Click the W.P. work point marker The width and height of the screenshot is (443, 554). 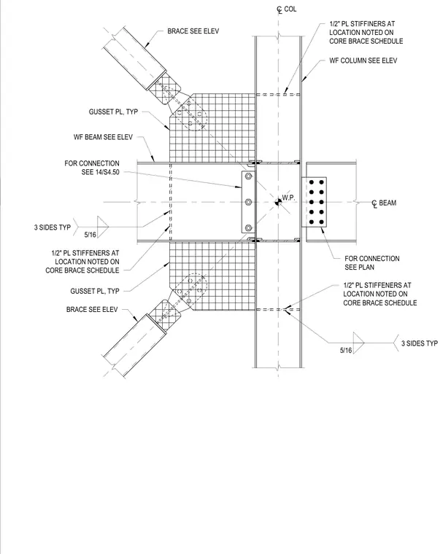point(278,202)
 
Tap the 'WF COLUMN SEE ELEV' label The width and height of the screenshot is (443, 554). point(363,61)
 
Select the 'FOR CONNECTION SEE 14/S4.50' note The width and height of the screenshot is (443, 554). point(92,168)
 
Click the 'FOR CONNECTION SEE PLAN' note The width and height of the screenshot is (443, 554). point(372,263)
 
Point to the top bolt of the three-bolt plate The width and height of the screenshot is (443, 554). point(248,176)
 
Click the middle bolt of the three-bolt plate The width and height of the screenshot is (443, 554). point(248,202)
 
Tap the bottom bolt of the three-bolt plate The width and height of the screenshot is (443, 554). point(248,227)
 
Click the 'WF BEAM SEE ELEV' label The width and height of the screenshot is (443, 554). point(103,137)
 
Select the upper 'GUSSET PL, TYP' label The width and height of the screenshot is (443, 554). point(113,112)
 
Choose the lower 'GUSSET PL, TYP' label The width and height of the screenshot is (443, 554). point(95,291)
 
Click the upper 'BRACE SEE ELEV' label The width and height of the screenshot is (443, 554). point(193,31)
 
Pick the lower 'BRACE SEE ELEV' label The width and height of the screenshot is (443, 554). point(92,310)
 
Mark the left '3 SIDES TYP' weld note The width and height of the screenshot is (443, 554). point(53,227)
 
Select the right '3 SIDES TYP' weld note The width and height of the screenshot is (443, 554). point(420,343)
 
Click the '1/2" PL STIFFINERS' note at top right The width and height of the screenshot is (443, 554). point(366,33)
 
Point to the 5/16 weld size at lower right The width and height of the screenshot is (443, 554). point(346,350)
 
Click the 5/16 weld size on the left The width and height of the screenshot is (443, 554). point(90,235)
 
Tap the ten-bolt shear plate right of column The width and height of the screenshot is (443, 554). point(315,202)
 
